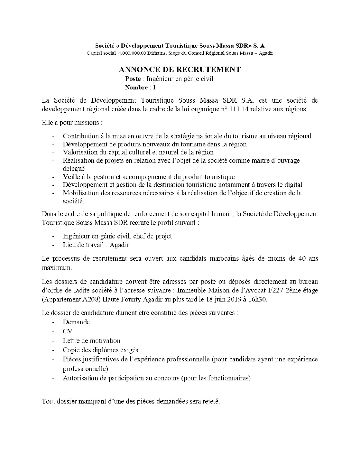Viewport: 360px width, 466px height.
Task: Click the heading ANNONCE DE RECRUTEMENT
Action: [x=180, y=69]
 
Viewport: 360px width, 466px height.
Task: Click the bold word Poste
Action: [x=133, y=79]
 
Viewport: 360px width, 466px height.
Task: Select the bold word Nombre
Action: [x=136, y=87]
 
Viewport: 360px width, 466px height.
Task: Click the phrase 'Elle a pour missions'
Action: [x=72, y=123]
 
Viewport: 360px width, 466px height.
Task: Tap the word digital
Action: [x=292, y=185]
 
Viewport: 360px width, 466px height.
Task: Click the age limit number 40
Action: [x=301, y=258]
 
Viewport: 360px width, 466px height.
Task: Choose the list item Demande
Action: [x=76, y=322]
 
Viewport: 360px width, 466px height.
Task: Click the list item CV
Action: [x=68, y=331]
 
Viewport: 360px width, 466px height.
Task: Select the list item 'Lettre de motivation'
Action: [x=91, y=340]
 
